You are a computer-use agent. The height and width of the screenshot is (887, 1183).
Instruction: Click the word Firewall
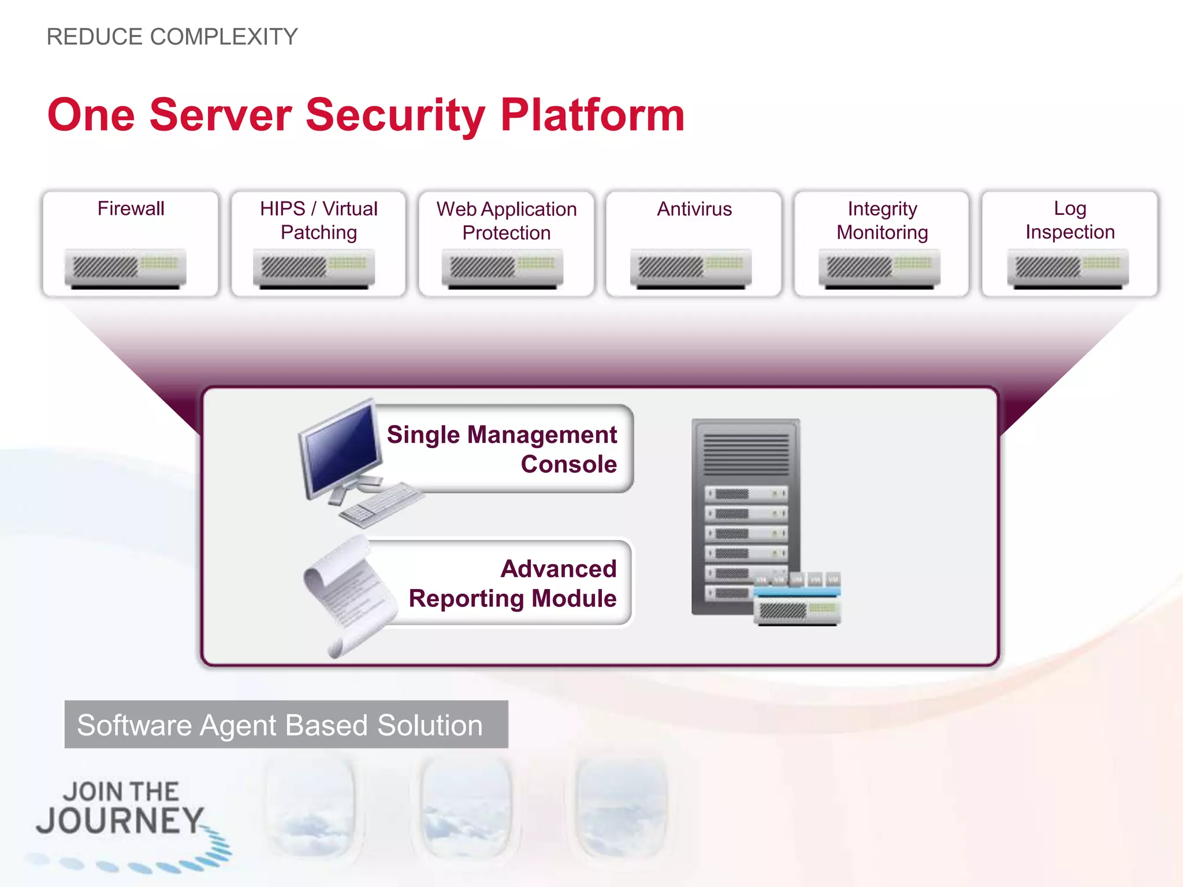point(131,208)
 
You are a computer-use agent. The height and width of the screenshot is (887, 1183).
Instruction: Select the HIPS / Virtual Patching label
point(318,220)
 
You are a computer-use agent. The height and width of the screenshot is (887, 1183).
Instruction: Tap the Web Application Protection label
point(506,221)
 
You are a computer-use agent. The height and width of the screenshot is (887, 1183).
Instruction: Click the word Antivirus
point(694,209)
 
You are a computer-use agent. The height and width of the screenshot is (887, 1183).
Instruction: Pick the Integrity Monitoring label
point(882,220)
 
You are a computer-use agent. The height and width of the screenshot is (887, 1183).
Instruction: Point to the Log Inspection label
point(1070,220)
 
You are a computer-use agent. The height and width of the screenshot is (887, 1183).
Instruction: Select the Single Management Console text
point(501,449)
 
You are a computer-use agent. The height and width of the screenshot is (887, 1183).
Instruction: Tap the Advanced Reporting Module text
point(512,583)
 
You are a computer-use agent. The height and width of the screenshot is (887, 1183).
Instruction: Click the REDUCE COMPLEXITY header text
point(172,37)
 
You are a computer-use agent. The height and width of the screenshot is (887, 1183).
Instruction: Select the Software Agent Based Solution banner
point(286,725)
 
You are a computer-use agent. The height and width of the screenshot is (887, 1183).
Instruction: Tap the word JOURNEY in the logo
point(120,821)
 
